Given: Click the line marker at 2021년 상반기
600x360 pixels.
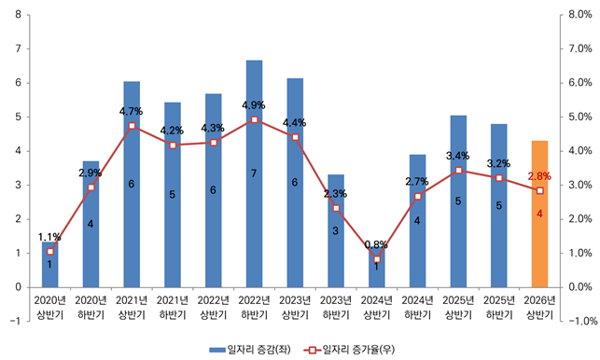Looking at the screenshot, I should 132,126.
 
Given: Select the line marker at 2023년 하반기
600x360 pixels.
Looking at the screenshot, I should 335,208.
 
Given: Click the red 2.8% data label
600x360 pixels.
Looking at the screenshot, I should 539,175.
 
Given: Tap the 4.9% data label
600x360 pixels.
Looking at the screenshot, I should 254,104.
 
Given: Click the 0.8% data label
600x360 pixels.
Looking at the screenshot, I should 376,245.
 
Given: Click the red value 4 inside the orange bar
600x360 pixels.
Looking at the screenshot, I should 539,215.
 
